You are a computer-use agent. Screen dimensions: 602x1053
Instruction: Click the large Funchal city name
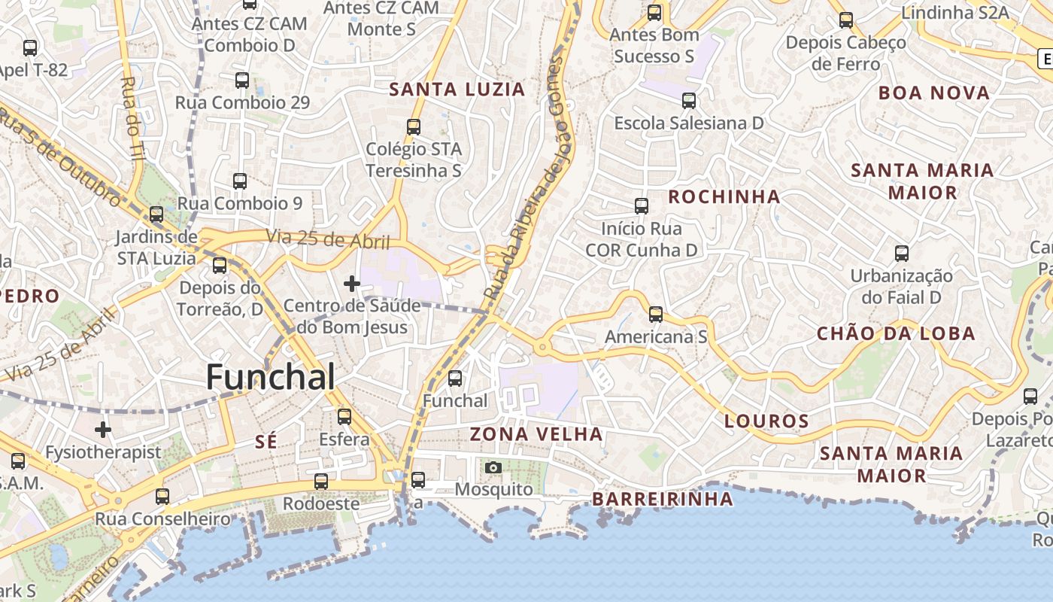270,377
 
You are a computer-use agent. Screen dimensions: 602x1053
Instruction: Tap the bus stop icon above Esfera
344,416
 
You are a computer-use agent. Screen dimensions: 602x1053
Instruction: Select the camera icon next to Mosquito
493,467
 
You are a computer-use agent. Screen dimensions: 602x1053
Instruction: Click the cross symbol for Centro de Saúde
351,284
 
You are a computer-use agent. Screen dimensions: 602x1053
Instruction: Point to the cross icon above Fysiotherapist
103,430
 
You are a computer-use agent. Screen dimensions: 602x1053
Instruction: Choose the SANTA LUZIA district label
457,90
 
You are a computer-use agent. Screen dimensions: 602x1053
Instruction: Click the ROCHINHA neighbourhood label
724,197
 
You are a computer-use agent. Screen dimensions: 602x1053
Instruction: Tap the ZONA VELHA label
536,434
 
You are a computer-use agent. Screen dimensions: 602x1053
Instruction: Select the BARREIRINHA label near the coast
662,499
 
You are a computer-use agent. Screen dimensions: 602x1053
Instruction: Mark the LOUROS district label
766,421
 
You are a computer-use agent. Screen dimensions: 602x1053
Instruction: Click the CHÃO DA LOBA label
896,333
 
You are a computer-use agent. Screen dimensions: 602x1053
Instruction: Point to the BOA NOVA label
934,93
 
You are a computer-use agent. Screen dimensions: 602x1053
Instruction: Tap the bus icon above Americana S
656,315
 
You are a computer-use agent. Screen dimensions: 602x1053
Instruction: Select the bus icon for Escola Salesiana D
689,101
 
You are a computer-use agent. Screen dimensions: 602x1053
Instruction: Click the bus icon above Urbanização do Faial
902,254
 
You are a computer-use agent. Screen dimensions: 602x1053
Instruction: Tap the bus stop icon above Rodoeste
321,482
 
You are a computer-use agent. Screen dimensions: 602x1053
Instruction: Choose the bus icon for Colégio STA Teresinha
414,127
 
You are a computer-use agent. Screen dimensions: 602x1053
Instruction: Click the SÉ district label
266,442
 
